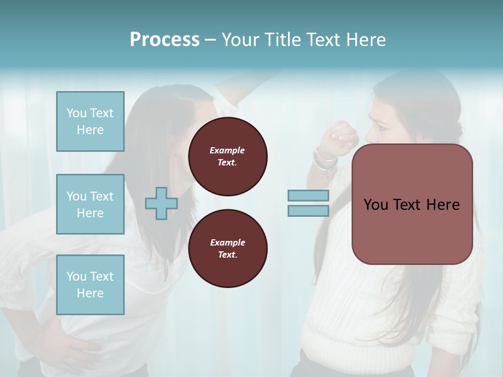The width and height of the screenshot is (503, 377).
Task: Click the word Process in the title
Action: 165,40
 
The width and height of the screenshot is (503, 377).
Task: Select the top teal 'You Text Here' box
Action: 90,121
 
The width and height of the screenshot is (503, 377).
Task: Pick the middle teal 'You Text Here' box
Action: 90,204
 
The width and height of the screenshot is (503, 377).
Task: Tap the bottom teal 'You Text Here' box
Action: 90,284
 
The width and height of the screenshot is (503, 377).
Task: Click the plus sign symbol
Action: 161,204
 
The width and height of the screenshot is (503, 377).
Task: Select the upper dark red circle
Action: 227,156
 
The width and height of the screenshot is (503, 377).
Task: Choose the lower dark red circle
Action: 227,248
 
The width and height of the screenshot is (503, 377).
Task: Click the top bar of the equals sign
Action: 308,195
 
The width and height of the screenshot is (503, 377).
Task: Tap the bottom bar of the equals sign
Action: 308,211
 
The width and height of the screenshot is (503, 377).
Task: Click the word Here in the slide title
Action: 366,40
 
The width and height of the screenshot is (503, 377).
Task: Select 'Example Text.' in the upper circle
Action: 227,156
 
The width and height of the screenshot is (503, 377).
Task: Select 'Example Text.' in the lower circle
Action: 227,248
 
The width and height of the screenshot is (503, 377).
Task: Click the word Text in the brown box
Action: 411,204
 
